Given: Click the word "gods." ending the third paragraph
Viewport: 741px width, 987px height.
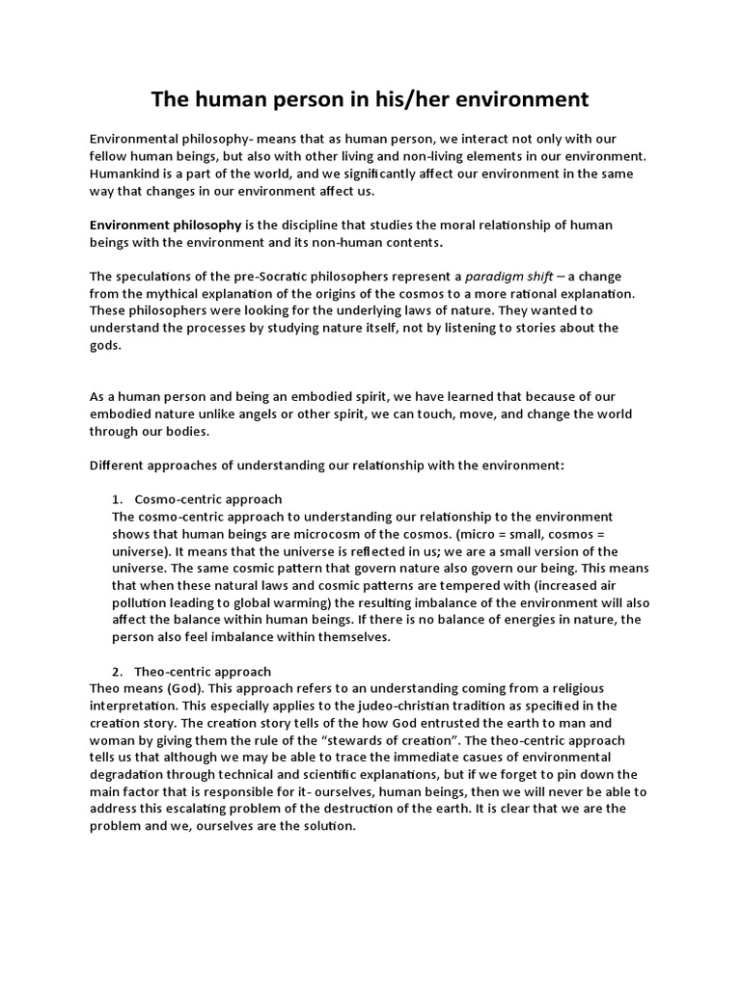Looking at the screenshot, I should pyautogui.click(x=105, y=345).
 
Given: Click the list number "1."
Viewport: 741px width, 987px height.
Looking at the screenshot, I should pyautogui.click(x=119, y=499).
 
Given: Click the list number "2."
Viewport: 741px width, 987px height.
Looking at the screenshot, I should pyautogui.click(x=119, y=671).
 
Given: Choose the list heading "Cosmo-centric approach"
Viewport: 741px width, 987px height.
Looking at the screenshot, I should pyautogui.click(x=208, y=499).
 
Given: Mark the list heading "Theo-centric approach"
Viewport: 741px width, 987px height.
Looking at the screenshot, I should pyautogui.click(x=203, y=671).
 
